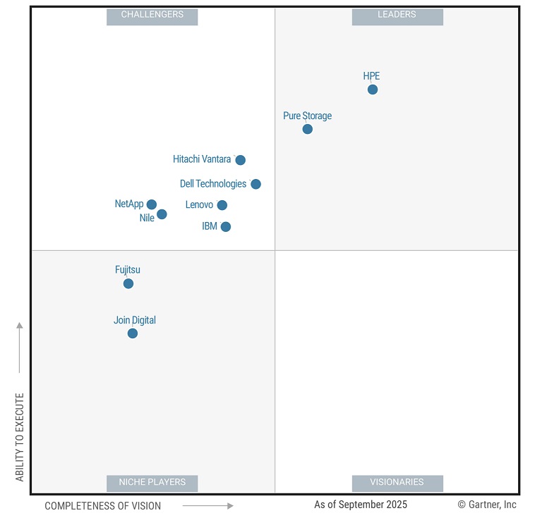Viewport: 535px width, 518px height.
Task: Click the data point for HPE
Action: coord(373,90)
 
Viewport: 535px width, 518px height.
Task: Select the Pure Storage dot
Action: coord(308,129)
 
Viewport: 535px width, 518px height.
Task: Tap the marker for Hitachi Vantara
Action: coord(241,160)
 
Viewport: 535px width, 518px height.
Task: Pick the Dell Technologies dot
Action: coord(256,184)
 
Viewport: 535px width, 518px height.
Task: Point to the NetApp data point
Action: coord(152,204)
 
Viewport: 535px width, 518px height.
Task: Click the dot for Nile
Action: coord(162,214)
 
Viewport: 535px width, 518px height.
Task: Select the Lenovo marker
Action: coord(222,205)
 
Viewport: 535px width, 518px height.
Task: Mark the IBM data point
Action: coord(226,227)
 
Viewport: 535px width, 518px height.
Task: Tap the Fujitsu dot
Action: coord(128,284)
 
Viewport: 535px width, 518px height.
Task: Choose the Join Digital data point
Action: coord(133,333)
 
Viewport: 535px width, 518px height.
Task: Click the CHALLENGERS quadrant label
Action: coord(152,15)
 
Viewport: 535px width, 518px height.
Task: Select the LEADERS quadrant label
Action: coord(397,15)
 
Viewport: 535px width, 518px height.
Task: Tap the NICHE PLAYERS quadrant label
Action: coord(152,483)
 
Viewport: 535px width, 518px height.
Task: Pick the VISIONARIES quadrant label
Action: coord(397,483)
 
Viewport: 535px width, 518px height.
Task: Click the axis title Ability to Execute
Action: coord(20,437)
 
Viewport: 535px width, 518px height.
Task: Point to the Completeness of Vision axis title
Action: coord(103,506)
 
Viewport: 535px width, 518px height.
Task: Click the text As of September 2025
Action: coord(361,505)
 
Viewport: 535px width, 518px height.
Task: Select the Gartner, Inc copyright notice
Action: coord(487,505)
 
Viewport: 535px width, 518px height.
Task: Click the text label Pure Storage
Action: coord(307,116)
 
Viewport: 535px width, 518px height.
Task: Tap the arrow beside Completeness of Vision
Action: coord(208,506)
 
